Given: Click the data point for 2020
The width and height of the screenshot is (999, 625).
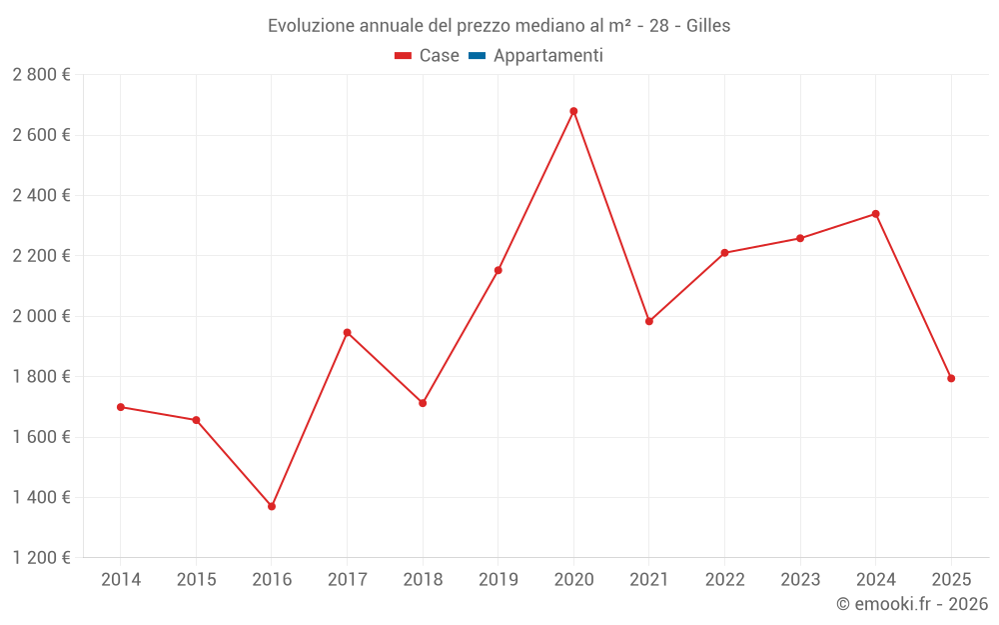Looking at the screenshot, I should [573, 111].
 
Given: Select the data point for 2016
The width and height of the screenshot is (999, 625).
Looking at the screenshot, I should [272, 506].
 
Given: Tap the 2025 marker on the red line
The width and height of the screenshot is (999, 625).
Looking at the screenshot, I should [951, 378].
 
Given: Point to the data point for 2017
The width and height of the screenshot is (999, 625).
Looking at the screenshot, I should [347, 332].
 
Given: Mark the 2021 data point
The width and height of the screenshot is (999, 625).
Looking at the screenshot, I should [649, 321].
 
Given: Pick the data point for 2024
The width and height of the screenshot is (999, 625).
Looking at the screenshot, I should [875, 214].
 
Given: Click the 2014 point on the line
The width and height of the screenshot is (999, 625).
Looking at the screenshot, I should [121, 407].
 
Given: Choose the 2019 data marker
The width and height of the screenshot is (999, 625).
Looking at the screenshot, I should [499, 270].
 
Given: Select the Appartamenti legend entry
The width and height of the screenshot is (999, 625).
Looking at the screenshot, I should [547, 56].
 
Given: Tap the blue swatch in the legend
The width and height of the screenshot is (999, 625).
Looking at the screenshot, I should [477, 56].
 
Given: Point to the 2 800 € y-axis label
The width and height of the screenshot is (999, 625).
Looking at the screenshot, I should [41, 75].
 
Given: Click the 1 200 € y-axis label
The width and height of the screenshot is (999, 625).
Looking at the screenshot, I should [41, 558].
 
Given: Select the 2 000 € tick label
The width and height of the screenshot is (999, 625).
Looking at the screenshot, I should [41, 316].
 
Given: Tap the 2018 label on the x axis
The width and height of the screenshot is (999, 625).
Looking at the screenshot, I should [423, 580].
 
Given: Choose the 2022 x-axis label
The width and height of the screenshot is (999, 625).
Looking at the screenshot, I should [724, 580].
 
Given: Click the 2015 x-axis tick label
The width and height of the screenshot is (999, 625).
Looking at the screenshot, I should [196, 580].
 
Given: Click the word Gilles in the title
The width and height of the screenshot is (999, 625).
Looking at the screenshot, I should [708, 26].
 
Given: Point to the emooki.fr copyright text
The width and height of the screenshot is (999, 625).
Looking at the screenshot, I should [912, 604].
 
